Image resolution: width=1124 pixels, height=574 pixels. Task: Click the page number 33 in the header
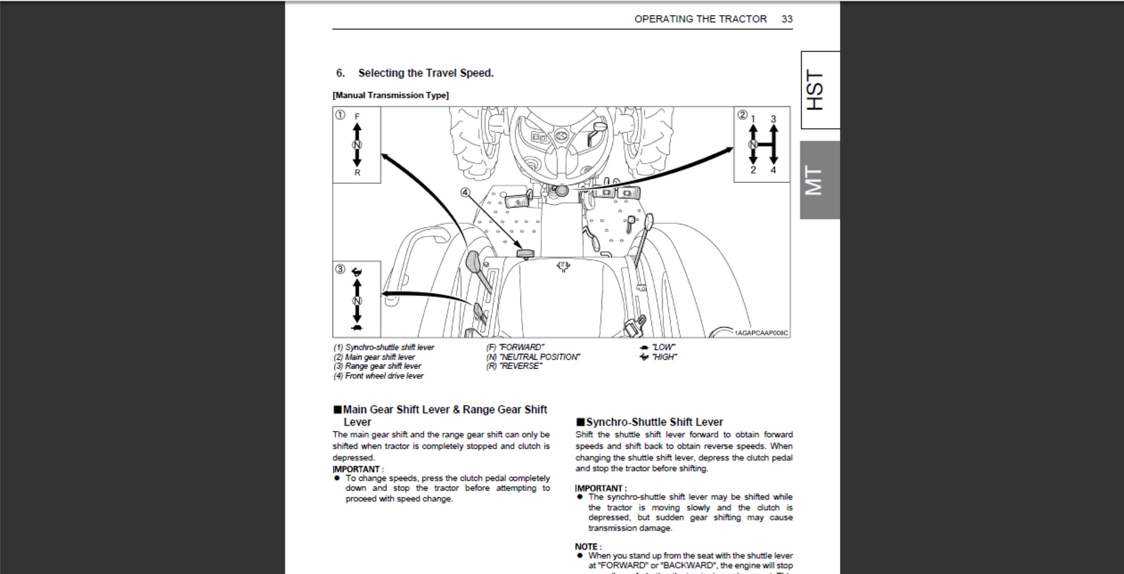787,19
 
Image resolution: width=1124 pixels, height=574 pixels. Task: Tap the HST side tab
820,90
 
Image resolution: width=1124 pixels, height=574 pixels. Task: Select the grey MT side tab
820,180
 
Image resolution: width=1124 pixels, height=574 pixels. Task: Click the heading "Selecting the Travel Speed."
426,73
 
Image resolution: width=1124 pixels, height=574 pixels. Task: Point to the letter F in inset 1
357,116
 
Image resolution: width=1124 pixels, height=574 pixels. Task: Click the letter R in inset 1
357,173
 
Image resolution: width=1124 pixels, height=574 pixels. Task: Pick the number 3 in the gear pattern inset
773,119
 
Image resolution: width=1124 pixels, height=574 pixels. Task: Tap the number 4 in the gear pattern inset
773,170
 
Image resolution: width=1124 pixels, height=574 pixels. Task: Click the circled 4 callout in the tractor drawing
466,192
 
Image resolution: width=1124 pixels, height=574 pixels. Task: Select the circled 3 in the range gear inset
340,269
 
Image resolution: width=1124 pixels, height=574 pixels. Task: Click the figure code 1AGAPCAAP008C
761,333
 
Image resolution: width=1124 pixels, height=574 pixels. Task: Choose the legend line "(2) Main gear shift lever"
374,357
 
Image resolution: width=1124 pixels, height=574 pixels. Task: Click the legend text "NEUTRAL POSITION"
539,357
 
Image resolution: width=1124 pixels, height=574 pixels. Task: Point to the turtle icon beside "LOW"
644,347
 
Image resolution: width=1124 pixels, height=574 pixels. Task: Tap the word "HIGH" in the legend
664,357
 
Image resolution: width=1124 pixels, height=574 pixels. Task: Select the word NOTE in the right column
586,547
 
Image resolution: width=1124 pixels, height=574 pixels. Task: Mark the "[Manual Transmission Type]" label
390,95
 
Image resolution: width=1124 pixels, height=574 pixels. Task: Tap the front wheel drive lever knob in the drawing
525,253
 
